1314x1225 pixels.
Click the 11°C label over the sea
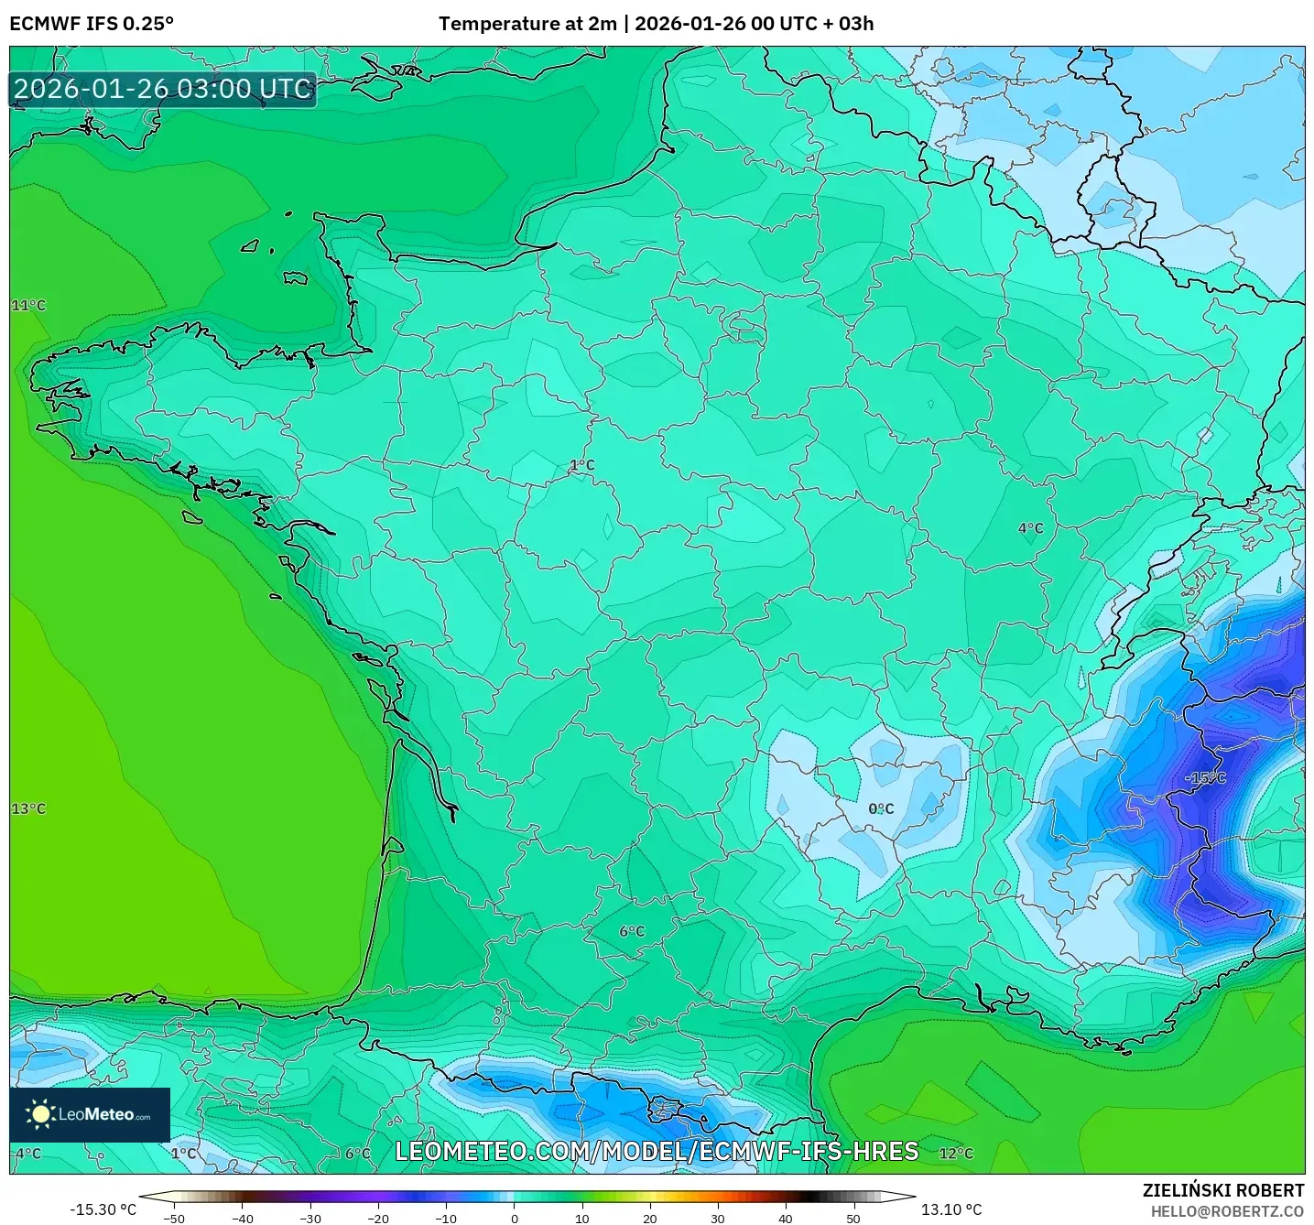28,305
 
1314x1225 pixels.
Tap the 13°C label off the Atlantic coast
28,808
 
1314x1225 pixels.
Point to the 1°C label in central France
582,465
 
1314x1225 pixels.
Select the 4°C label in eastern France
1030,527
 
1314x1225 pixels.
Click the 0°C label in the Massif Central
881,808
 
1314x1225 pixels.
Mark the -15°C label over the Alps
1205,777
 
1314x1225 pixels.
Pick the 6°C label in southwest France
632,931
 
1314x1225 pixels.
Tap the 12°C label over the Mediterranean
956,1153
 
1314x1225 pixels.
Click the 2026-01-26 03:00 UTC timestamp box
163,89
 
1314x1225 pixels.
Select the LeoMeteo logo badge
90,1114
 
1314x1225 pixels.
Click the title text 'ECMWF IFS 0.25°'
92,24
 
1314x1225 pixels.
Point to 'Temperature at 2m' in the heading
527,24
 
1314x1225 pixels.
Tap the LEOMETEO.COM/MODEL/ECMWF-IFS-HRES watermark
657,1151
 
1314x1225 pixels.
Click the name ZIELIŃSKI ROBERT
1222,1190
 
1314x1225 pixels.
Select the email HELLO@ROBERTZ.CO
1227,1211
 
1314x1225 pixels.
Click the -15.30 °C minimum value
103,1209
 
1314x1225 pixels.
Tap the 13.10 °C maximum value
950,1209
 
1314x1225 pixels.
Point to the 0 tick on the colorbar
515,1218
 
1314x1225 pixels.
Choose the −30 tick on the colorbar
310,1218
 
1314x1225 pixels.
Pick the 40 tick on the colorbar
786,1218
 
